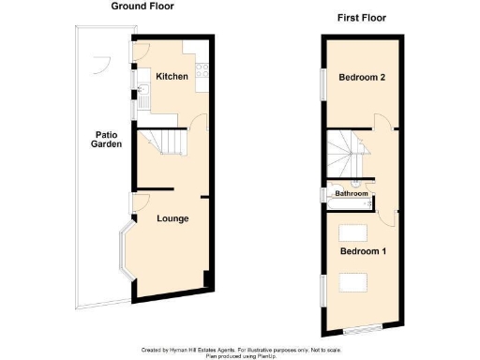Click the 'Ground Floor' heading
coord(142,6)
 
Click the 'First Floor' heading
coord(361,18)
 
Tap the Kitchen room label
coord(172,76)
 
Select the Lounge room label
coord(172,218)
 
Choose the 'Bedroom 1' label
coord(362,251)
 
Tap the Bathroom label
coord(352,194)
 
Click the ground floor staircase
coord(163,143)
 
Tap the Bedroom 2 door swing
coord(384,123)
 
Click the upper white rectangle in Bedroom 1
coord(353,232)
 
